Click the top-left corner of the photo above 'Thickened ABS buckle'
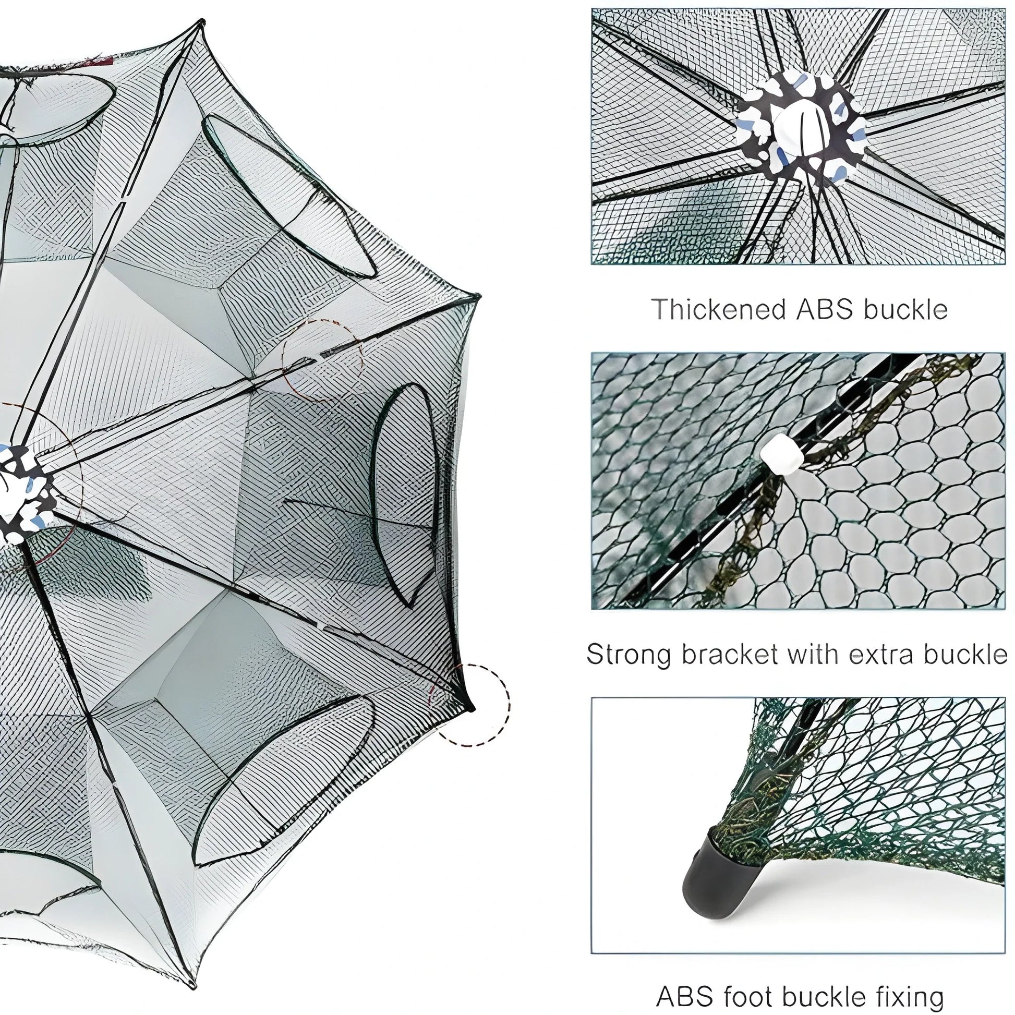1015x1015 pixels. click(x=592, y=9)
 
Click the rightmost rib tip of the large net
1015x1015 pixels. click(x=479, y=297)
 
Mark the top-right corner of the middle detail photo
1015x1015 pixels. click(x=1005, y=353)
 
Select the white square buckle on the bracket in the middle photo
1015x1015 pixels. click(x=782, y=454)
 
